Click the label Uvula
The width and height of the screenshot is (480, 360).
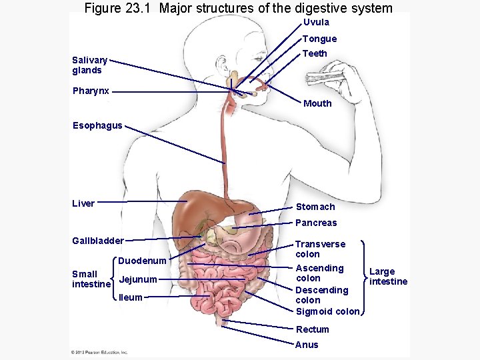click(316, 22)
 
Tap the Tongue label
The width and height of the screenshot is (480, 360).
click(319, 39)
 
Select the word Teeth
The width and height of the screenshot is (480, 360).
click(315, 53)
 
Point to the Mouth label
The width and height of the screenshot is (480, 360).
click(317, 103)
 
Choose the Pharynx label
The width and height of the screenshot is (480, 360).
click(91, 91)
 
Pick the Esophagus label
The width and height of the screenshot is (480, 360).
click(98, 125)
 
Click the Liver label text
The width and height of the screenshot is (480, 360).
click(83, 203)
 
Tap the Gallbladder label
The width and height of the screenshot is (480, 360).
click(98, 241)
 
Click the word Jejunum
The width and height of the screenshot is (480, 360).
click(137, 279)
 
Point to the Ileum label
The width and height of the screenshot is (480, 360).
click(130, 297)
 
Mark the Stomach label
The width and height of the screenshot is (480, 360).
click(315, 207)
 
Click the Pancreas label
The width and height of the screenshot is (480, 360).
click(316, 223)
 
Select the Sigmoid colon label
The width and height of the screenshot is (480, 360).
click(327, 311)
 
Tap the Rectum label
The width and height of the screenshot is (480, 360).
click(312, 329)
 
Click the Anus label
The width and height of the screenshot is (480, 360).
click(307, 345)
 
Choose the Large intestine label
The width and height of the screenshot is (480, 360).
click(388, 276)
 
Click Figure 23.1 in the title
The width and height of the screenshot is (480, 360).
click(119, 8)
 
